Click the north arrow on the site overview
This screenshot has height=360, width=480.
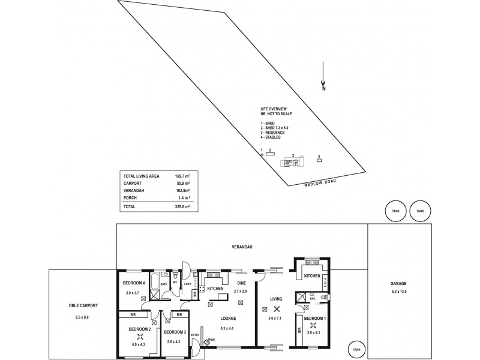click(x=323, y=77)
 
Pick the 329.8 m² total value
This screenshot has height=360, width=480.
click(x=182, y=206)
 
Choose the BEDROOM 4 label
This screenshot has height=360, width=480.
click(x=134, y=283)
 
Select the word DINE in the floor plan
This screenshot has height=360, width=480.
click(x=242, y=283)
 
